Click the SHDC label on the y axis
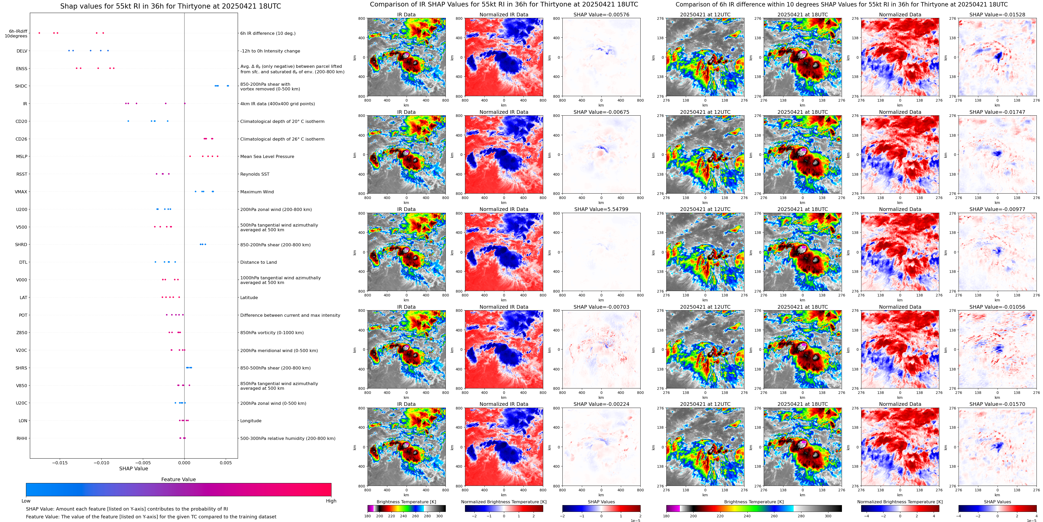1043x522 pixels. coord(21,86)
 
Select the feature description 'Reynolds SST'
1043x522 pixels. coord(255,174)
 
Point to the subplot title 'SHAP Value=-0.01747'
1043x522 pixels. coord(997,112)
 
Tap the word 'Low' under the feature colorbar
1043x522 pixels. coord(26,501)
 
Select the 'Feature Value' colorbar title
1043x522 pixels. coord(178,479)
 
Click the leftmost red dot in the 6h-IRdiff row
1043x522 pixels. coord(39,33)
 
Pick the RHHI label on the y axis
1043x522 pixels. coord(22,438)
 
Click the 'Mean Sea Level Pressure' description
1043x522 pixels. coord(267,156)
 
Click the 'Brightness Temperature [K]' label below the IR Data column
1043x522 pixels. coord(406,502)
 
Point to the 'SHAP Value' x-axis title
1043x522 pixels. coord(133,468)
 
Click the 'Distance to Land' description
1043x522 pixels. coord(258,262)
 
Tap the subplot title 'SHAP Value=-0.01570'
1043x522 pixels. coord(997,404)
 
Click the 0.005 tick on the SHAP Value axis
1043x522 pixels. coord(225,463)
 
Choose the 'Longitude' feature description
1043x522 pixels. coord(251,421)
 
